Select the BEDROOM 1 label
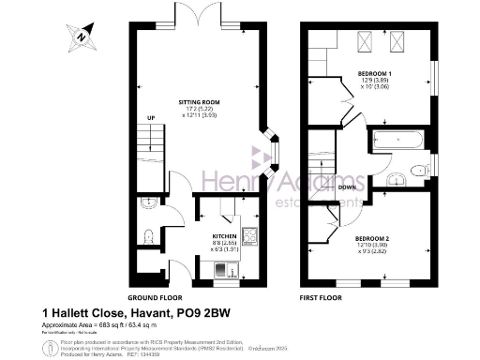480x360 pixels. pos(376,72)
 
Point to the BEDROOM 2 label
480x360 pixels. pos(372,238)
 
